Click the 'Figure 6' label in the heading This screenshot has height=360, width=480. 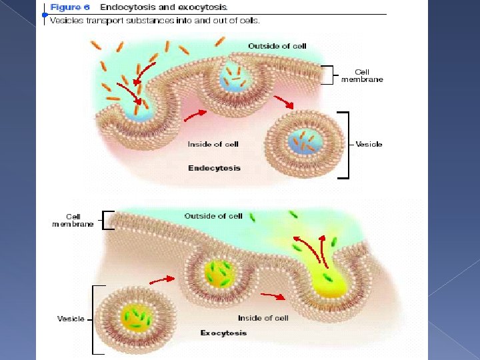point(70,7)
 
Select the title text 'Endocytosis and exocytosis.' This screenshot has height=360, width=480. point(163,7)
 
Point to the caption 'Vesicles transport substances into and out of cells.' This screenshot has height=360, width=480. point(155,20)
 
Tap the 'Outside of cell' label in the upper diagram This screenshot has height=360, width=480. point(277,46)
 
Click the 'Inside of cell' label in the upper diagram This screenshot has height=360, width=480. point(213,144)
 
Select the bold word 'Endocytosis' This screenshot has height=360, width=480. point(214,168)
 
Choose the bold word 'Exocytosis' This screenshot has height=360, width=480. point(223,333)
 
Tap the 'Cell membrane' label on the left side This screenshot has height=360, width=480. point(73,220)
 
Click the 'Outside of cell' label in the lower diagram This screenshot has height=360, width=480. point(213,216)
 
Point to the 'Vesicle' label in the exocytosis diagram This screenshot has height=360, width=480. point(71,319)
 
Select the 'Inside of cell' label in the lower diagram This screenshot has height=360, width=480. point(263,318)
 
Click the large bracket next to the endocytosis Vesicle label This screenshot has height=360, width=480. point(345,145)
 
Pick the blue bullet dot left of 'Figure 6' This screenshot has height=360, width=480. point(45,14)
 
